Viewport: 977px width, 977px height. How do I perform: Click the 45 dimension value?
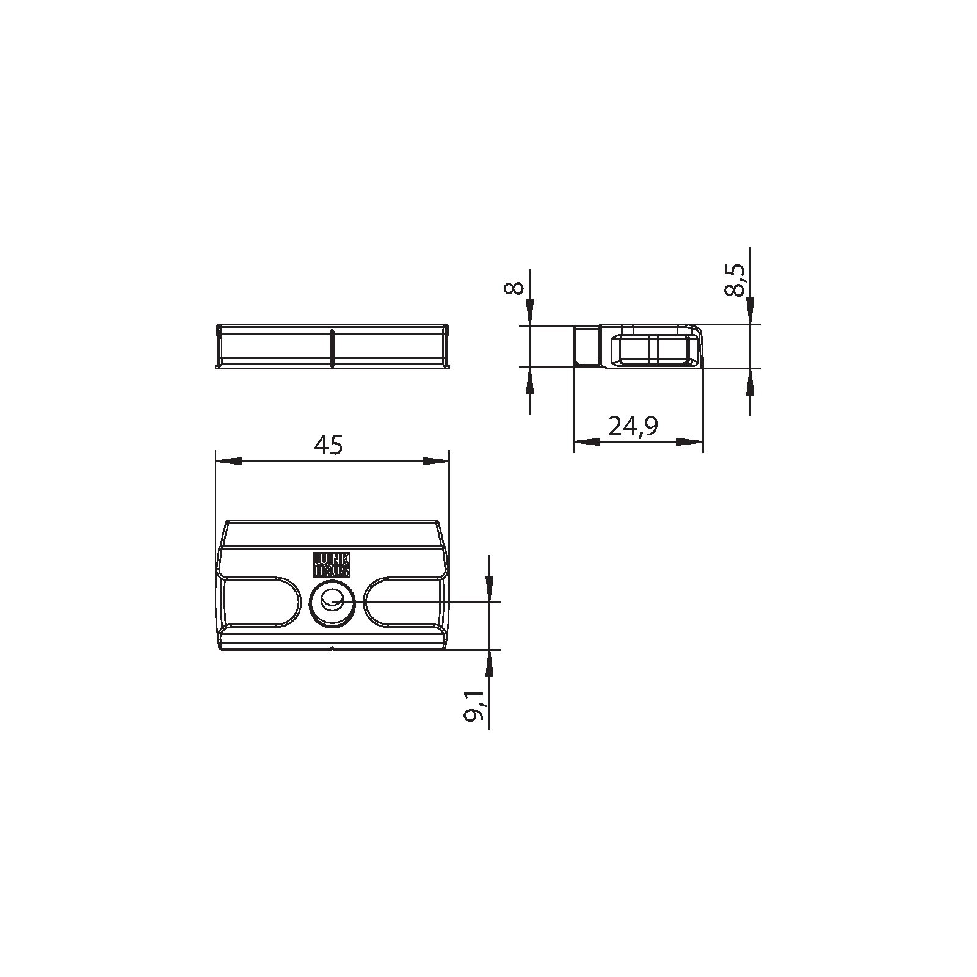tap(329, 445)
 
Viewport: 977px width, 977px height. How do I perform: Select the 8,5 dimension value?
tap(735, 280)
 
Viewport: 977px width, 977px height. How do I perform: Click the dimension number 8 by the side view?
tap(515, 288)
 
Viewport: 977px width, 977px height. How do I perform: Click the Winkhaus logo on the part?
tap(332, 565)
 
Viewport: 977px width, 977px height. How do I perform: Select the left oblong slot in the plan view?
tap(260, 601)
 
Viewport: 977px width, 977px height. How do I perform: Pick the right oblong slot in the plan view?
tap(404, 601)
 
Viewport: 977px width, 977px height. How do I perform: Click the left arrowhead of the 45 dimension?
tap(228, 461)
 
